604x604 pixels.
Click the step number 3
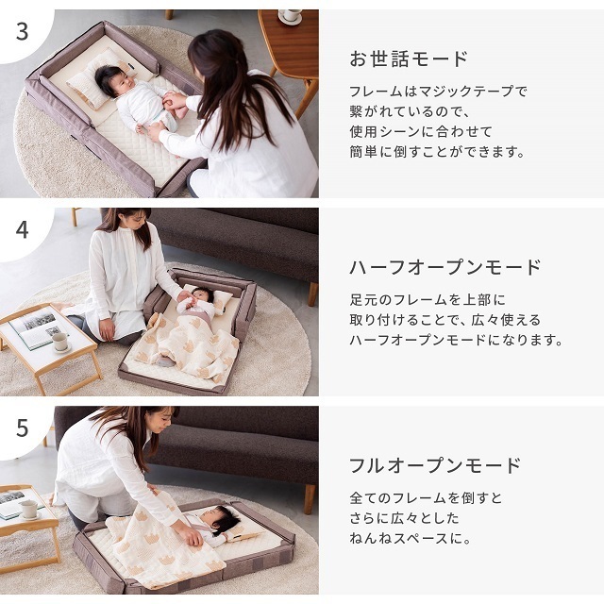click(23, 31)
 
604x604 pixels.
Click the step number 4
click(23, 230)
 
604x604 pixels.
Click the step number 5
click(23, 428)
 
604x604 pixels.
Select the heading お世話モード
click(409, 59)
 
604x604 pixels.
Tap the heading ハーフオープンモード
click(445, 267)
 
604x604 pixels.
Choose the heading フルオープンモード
click(435, 465)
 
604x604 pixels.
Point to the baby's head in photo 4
click(203, 295)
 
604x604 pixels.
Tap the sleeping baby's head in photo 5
click(219, 518)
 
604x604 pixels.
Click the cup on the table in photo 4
click(60, 342)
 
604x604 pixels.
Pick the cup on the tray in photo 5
click(29, 509)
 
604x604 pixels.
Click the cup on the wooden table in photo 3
click(290, 15)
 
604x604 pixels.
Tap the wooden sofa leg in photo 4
click(312, 294)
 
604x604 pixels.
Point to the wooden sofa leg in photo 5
click(310, 499)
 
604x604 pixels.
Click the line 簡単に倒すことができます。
click(437, 152)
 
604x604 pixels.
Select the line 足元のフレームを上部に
click(428, 300)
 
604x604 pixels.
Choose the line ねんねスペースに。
click(411, 538)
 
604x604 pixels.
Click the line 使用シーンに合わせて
click(421, 132)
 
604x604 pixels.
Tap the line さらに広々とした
click(405, 518)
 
